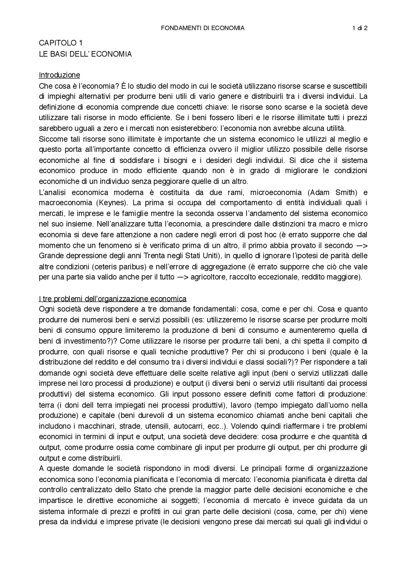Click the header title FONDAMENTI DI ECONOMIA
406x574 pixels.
point(203,28)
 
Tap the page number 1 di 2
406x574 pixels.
point(360,28)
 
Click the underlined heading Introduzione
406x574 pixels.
point(59,75)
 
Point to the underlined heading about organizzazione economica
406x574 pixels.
point(113,299)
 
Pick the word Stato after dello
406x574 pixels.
point(140,490)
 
